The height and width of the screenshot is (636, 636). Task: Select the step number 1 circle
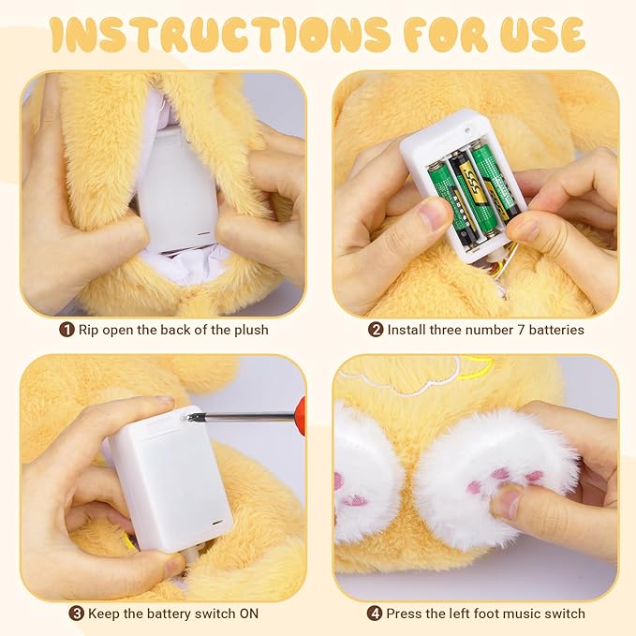tap(67, 330)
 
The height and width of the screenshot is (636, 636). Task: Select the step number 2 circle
tap(376, 330)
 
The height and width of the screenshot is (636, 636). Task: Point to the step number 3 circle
tap(77, 614)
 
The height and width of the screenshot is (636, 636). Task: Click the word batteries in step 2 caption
tap(552, 330)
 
